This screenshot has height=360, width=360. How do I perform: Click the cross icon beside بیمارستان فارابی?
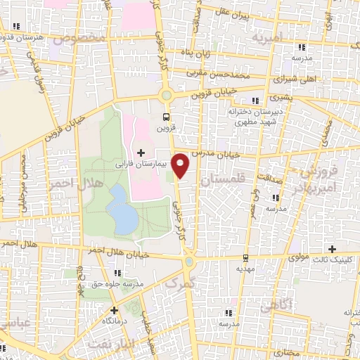141,152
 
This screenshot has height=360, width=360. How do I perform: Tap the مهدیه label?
244,269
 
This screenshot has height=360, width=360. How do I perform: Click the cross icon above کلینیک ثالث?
333,248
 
